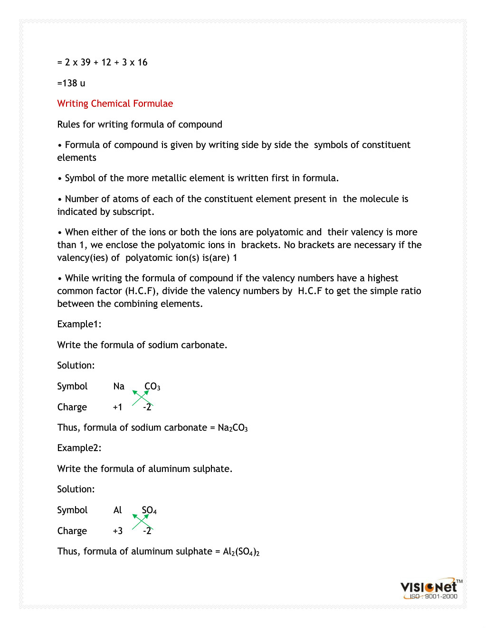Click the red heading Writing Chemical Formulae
115,103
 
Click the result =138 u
71,83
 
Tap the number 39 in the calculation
86,62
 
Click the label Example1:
79,324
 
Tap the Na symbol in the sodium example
119,386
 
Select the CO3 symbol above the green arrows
152,387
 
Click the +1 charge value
117,407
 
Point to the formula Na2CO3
233,428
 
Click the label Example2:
79,448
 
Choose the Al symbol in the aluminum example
117,510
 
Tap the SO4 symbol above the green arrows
149,510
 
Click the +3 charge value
117,531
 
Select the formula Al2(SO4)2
241,552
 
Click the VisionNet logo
429,587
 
